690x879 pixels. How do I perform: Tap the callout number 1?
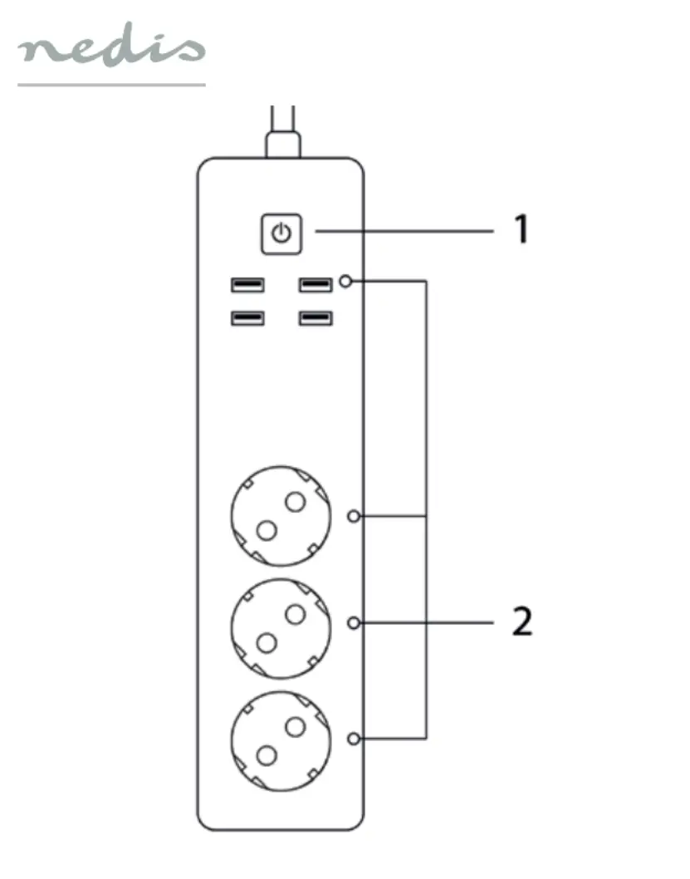click(522, 228)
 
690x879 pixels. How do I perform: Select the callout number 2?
click(522, 621)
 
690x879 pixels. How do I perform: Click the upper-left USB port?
click(247, 285)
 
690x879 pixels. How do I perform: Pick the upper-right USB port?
click(316, 285)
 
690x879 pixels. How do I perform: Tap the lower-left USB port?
click(247, 318)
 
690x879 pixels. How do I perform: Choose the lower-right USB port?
click(316, 318)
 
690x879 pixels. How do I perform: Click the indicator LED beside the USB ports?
click(347, 281)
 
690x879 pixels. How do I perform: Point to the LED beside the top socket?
click(354, 516)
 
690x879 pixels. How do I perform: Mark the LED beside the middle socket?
click(354, 623)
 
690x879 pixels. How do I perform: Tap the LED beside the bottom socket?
click(354, 739)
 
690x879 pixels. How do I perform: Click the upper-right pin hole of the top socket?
click(295, 502)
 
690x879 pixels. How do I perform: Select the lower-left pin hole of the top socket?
click(267, 530)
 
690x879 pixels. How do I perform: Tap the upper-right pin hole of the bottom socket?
click(295, 727)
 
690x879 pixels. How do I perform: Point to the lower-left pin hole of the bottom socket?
click(267, 756)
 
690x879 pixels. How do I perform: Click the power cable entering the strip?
click(283, 132)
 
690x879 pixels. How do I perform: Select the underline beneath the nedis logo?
click(111, 85)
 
